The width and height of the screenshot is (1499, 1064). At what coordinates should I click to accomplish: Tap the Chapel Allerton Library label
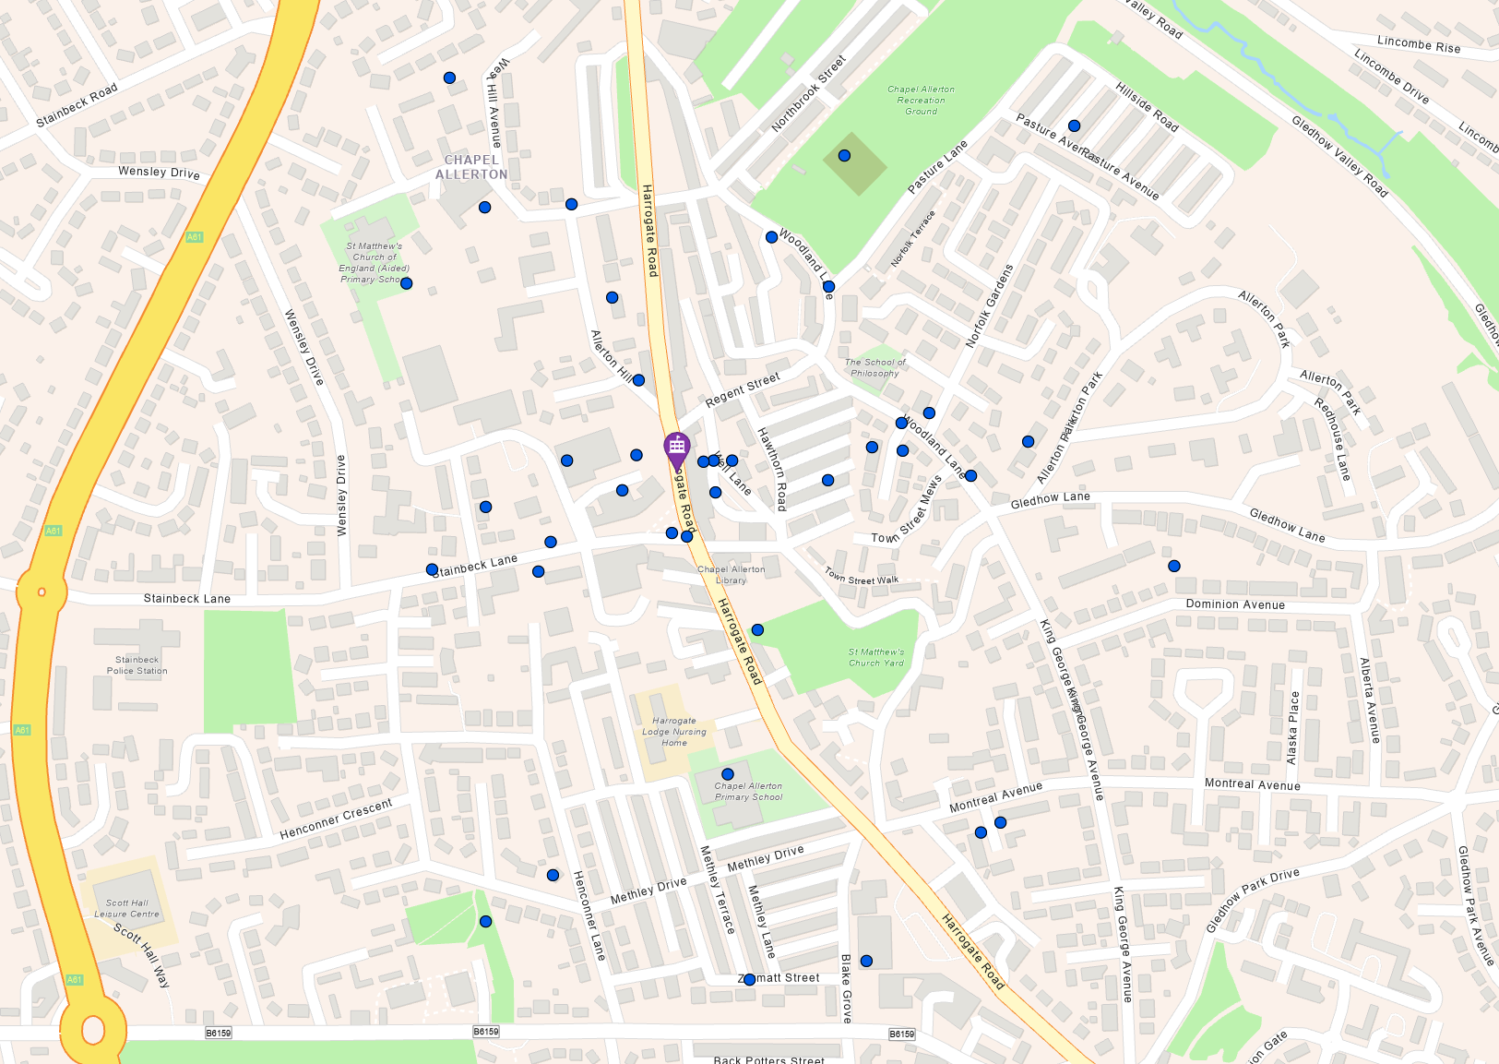pos(731,575)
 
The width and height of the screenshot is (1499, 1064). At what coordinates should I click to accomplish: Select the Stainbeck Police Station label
pos(137,665)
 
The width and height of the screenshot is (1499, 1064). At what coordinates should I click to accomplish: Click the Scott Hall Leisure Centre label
pos(127,909)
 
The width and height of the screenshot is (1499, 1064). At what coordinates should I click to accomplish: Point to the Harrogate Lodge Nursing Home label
pos(674,732)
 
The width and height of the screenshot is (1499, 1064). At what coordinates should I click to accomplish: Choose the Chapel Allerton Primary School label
pos(748,792)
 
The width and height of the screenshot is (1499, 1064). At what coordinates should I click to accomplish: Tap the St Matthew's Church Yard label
pos(876,657)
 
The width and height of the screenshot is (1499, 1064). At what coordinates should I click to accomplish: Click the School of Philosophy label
pos(875,367)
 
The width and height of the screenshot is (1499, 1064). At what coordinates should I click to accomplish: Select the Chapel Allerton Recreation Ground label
pos(921,100)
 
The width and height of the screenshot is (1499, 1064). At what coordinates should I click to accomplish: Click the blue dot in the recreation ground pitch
pos(844,156)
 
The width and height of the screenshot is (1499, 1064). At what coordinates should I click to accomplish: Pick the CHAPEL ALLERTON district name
pos(471,167)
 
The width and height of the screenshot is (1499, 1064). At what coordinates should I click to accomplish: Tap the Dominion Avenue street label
pos(1235,604)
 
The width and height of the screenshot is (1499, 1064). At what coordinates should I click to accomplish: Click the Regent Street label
pos(743,389)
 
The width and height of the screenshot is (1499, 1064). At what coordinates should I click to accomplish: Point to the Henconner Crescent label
pos(337,819)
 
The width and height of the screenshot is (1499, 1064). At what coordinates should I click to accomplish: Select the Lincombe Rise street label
pos(1419,44)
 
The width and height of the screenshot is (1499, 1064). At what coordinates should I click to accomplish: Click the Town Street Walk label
pos(862,577)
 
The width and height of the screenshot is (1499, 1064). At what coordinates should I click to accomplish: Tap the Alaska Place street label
pos(1293,728)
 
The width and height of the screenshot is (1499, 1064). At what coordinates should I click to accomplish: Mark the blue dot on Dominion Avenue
pos(1174,567)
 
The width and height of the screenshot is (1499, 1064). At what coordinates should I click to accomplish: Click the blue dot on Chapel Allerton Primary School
pos(728,774)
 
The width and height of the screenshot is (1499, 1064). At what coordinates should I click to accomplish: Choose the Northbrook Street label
pos(808,93)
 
